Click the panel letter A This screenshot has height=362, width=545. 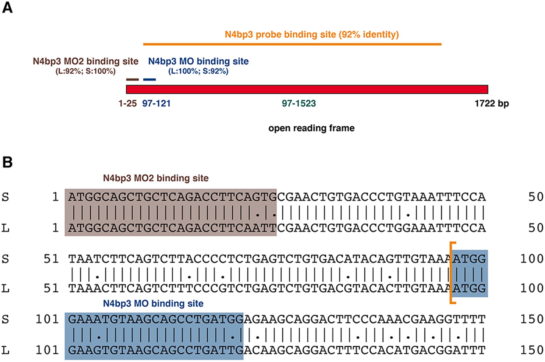tap(7, 7)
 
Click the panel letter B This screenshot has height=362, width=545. tap(7, 162)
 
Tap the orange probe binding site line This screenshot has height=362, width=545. tap(292, 44)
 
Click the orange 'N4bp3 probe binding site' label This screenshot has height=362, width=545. tap(311, 34)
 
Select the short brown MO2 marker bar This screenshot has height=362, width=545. tap(132, 79)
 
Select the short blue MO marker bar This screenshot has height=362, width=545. tap(149, 79)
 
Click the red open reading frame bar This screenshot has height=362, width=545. tap(307, 89)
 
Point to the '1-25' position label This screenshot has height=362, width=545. tap(127, 103)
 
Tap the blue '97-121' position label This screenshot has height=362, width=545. tap(156, 103)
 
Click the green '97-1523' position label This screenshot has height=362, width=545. tap(299, 103)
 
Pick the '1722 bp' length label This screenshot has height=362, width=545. tap(491, 103)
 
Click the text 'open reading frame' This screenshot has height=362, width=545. tap(311, 128)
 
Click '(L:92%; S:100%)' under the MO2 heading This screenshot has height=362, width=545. tap(86, 71)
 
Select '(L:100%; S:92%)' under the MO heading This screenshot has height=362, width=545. tap(198, 71)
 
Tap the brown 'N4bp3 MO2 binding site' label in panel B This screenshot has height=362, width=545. tap(155, 178)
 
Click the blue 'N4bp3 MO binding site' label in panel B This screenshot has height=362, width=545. tap(153, 303)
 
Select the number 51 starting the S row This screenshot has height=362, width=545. tap(51, 259)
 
